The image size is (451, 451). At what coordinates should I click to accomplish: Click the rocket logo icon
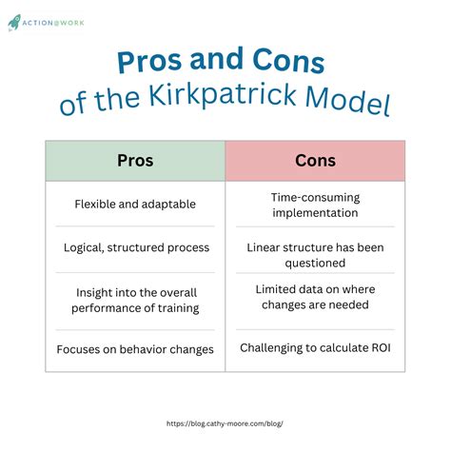point(15,21)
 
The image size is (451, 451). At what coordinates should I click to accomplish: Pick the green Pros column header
point(135,161)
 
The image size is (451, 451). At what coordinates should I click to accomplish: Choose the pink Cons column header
point(315,161)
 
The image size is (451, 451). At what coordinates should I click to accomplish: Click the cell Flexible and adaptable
point(135,204)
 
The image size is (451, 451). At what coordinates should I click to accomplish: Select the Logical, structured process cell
point(135,247)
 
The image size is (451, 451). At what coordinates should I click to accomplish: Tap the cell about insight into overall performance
point(135,299)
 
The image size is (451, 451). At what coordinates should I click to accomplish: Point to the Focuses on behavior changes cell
point(135,349)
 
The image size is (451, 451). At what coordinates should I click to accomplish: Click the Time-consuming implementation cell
point(315,204)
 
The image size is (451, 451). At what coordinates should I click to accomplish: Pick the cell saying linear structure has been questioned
point(315,255)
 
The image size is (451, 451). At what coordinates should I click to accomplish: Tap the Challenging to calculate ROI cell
point(315,348)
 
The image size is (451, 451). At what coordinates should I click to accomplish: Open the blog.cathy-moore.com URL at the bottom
point(225,424)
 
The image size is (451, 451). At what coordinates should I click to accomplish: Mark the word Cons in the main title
point(288,63)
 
